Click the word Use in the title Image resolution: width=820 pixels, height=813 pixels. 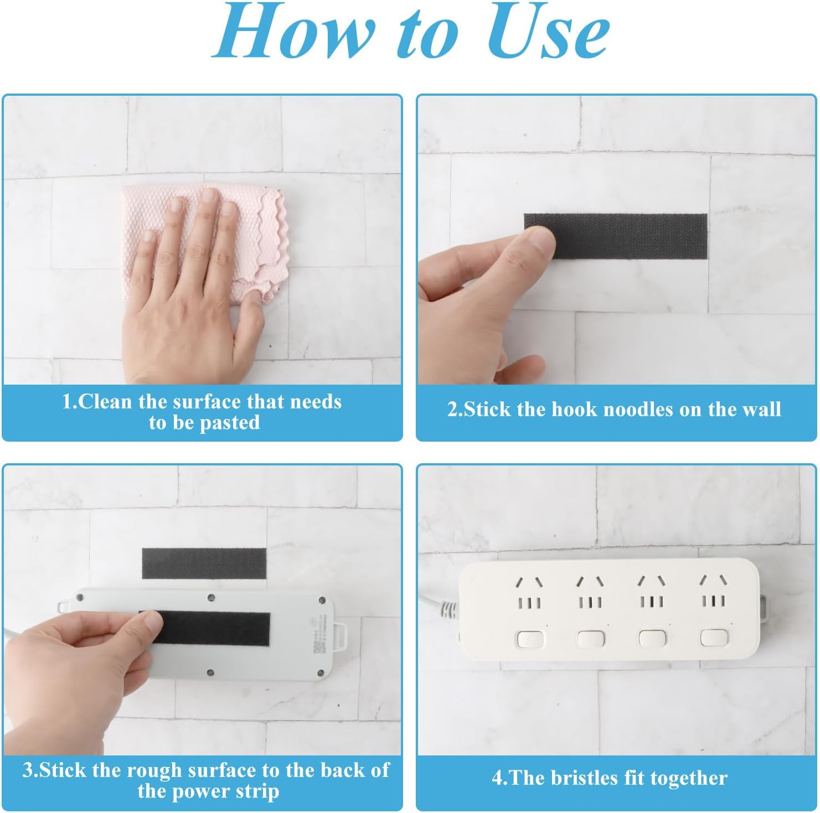tap(549, 33)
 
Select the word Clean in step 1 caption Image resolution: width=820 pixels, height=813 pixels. tap(106, 401)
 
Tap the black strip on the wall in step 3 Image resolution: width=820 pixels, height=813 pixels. tap(204, 563)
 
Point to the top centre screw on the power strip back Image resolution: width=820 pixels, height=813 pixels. tap(211, 598)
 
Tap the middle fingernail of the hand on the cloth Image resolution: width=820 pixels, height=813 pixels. tap(209, 196)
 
